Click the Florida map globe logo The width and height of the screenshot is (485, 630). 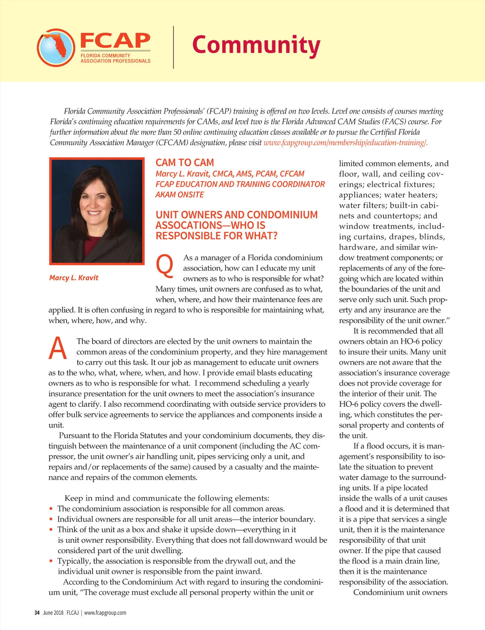click(56, 47)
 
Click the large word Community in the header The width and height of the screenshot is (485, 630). click(256, 45)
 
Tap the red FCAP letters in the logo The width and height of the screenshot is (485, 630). click(115, 40)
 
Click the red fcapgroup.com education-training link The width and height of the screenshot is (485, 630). click(345, 143)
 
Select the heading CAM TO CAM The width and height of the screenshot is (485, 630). click(185, 163)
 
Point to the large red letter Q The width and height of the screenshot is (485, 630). click(164, 265)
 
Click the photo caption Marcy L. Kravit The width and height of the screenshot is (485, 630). click(74, 278)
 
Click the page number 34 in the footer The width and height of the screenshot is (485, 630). click(37, 613)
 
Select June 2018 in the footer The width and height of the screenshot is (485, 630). click(53, 613)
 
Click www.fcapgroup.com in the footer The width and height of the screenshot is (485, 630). click(105, 613)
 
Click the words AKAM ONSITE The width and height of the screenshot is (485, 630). click(179, 194)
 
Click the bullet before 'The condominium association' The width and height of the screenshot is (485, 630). click(51, 509)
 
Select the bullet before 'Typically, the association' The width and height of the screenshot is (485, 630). click(51, 561)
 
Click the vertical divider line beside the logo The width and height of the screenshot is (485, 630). click(174, 47)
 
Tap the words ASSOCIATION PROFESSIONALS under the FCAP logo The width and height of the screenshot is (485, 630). click(115, 61)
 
